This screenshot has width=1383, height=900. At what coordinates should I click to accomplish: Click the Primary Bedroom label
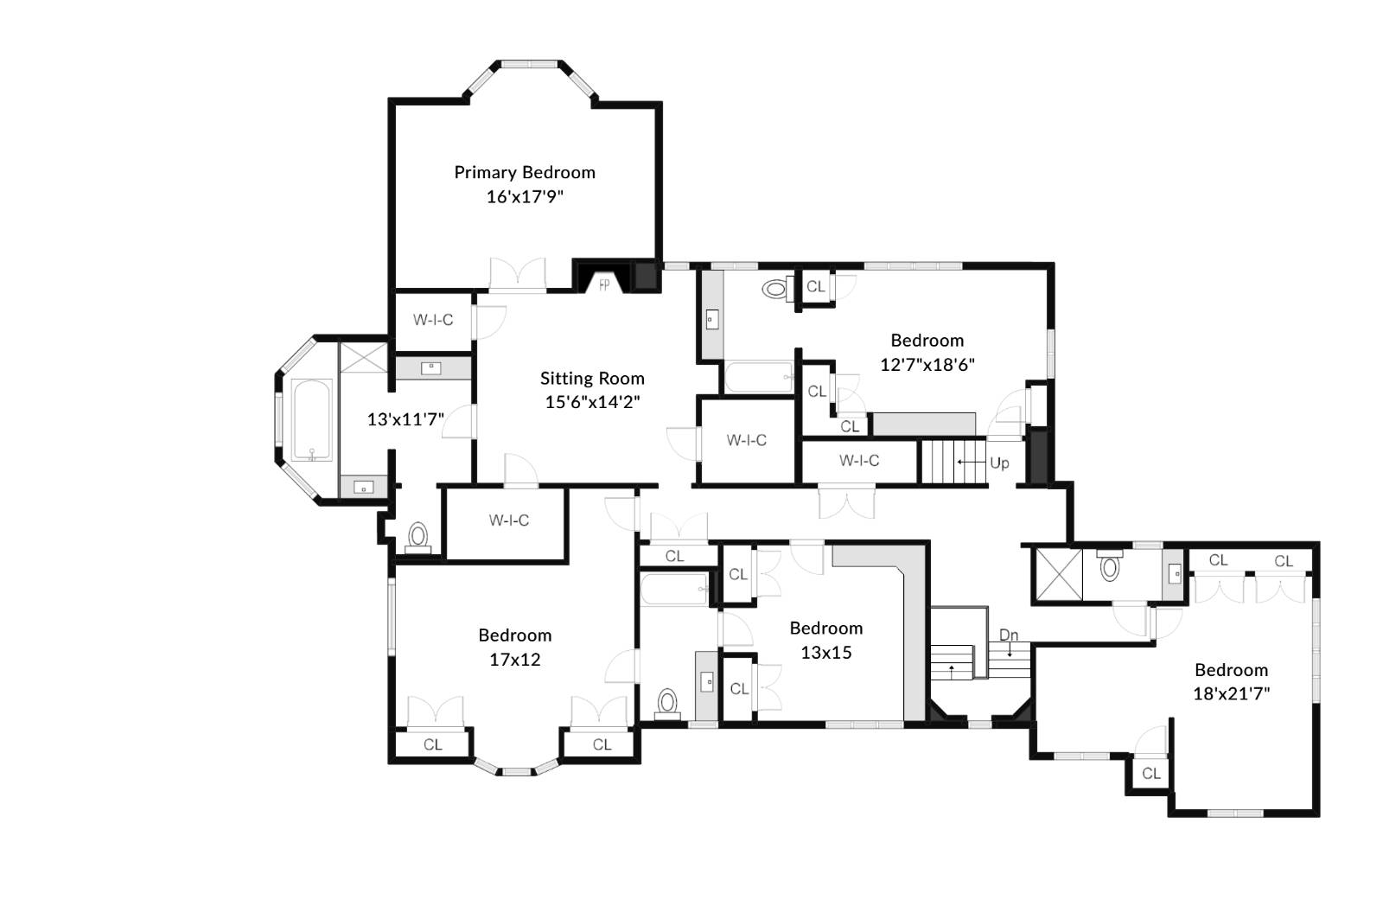(525, 172)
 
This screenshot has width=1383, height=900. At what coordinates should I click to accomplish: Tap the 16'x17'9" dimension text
(525, 196)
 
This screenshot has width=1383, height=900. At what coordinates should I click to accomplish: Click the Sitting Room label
(592, 378)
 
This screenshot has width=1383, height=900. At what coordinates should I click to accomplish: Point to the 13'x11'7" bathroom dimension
(405, 419)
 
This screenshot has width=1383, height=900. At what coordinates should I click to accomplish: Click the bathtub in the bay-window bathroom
(311, 420)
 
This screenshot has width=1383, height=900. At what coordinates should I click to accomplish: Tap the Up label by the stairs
(999, 463)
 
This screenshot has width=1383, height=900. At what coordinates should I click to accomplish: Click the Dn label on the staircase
(1009, 635)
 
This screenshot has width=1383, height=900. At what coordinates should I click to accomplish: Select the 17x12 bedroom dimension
(515, 660)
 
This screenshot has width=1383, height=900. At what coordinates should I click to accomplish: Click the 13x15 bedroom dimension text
(825, 653)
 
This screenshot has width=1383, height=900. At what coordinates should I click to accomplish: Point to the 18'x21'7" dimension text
(1231, 693)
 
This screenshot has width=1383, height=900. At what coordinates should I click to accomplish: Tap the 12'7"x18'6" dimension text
(927, 364)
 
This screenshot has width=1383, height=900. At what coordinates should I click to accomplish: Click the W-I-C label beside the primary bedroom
(433, 320)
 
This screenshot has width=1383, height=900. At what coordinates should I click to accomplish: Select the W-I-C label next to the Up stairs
(859, 461)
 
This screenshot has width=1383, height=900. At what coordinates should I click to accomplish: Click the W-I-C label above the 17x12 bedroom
(508, 520)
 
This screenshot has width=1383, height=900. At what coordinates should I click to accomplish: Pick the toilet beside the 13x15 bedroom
(667, 703)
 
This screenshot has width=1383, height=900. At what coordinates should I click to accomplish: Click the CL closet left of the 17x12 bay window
(432, 744)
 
